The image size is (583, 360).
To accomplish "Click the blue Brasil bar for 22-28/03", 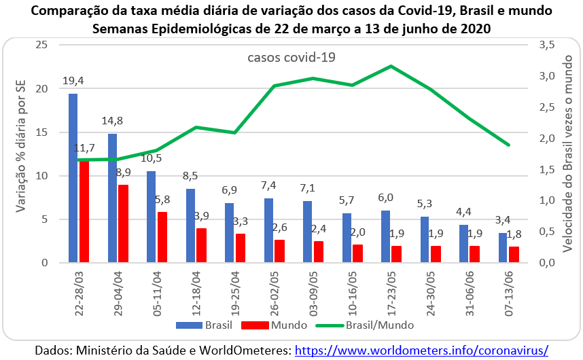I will tap(73, 178).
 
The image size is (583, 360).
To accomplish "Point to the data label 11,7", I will tap(86, 147).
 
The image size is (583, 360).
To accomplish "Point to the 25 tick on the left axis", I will tap(43, 45).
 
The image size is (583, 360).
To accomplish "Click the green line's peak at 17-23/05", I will tap(391, 66).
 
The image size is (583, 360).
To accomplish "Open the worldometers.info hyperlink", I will tap(422, 350).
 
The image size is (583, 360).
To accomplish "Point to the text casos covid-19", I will tap(291, 57).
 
